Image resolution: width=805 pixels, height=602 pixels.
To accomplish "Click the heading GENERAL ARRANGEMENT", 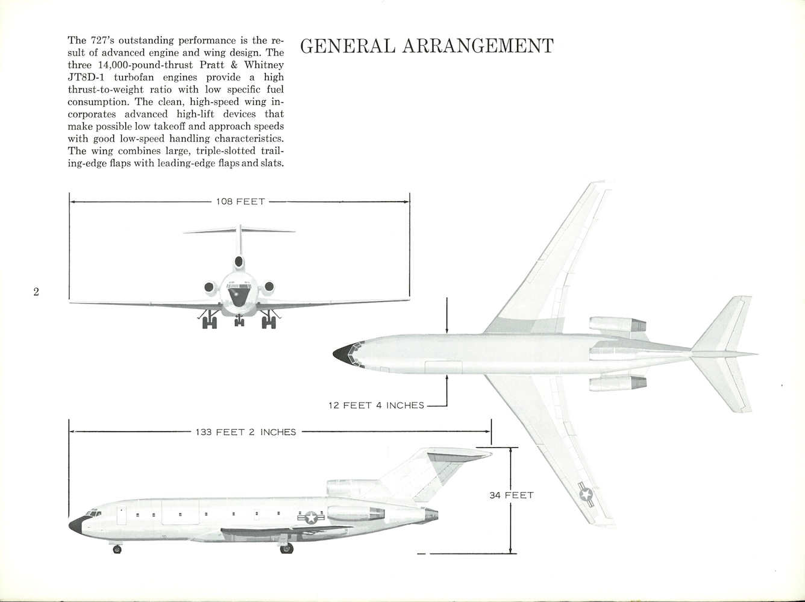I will click(426, 46).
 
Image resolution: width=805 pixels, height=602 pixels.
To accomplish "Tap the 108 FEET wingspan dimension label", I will click(240, 201).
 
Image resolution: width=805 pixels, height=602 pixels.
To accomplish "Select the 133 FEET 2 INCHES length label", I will click(246, 432).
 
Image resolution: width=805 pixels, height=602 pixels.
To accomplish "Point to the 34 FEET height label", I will click(511, 495).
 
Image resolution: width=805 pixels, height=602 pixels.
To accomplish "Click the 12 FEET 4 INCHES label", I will click(376, 406).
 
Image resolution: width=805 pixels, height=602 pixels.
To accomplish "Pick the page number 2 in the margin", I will click(36, 292).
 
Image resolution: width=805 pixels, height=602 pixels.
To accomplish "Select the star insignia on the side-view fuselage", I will click(311, 517).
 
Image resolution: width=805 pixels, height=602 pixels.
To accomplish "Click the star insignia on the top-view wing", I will click(586, 494).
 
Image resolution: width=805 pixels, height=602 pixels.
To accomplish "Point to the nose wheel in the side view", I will click(117, 549).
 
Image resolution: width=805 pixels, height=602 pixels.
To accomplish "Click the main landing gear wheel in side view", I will click(286, 548).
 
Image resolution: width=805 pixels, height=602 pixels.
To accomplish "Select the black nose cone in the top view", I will click(343, 355).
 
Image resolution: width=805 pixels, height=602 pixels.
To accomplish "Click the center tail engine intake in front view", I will click(239, 263).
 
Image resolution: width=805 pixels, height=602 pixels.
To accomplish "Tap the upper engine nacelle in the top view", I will click(617, 325).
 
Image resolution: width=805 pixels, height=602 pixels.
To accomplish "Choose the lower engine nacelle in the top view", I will click(617, 383).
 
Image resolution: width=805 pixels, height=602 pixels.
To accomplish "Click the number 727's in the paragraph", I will click(102, 40).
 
